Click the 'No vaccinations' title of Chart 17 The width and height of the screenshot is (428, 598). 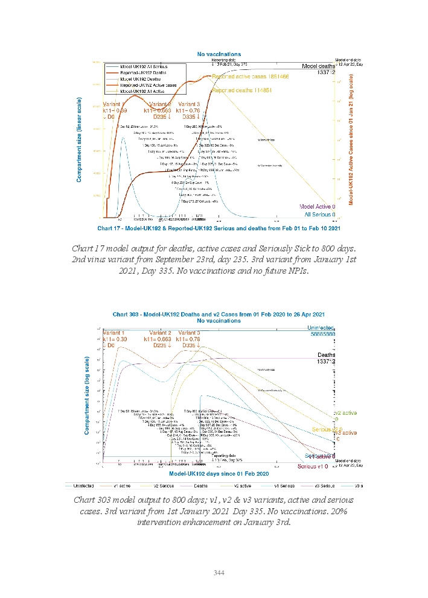pyautogui.click(x=219, y=55)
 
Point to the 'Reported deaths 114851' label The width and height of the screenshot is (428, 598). pyautogui.click(x=242, y=90)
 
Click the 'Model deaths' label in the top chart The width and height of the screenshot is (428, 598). pyautogui.click(x=318, y=66)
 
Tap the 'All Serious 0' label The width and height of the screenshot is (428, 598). pyautogui.click(x=319, y=214)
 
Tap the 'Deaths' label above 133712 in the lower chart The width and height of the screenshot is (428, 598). pyautogui.click(x=327, y=355)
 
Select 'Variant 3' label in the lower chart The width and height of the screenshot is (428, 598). pyautogui.click(x=190, y=333)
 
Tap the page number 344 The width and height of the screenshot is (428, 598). pyautogui.click(x=219, y=573)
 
